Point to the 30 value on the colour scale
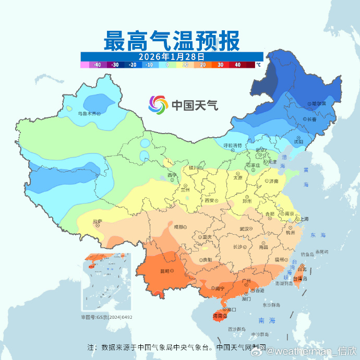coord(220,65)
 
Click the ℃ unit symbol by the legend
coord(258,65)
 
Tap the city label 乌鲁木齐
coord(87,113)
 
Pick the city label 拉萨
coord(98,221)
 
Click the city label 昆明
coord(165,271)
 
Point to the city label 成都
coord(179,226)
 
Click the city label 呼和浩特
coord(233,145)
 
